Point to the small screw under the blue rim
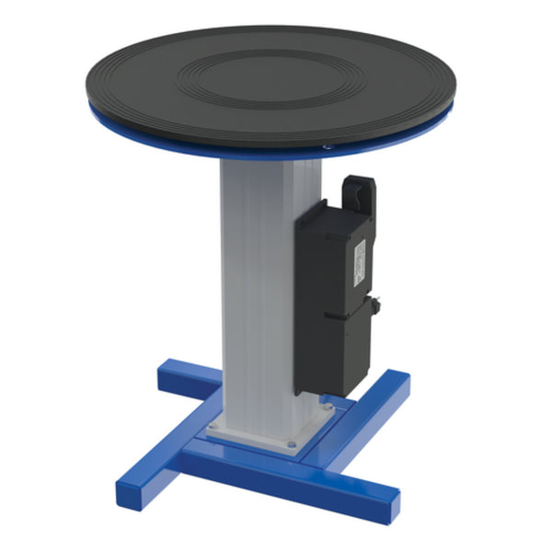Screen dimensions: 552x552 point(324,145)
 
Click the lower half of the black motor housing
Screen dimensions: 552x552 point(336,354)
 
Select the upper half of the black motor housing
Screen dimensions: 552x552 point(331,258)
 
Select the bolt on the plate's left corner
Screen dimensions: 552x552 point(214,425)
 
